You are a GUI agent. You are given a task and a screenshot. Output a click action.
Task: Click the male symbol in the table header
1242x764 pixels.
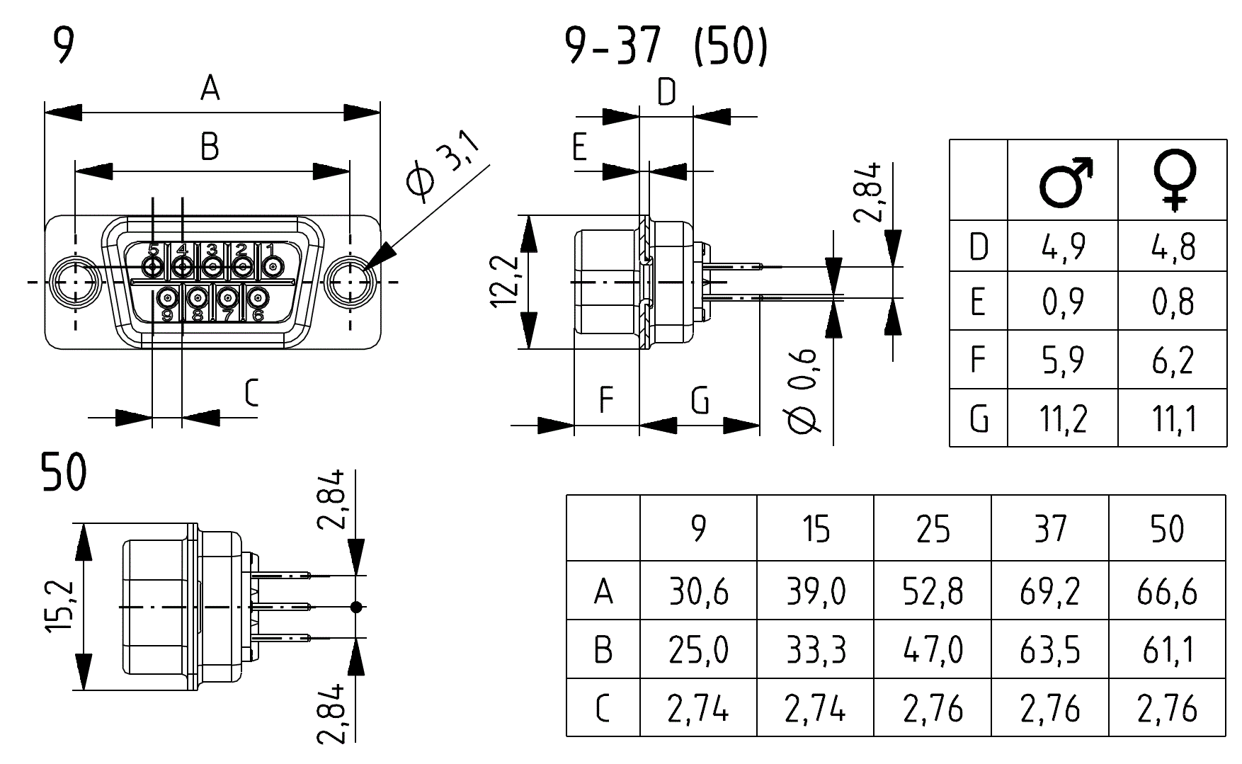[x=1065, y=183]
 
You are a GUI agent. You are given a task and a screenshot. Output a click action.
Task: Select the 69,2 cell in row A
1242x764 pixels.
[x=1049, y=591]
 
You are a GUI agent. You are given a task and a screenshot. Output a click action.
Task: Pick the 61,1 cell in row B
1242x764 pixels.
[x=1166, y=649]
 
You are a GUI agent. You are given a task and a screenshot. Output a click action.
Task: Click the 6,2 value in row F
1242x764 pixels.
[x=1173, y=360]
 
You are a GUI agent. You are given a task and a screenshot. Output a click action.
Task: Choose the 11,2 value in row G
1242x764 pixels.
[x=1063, y=418]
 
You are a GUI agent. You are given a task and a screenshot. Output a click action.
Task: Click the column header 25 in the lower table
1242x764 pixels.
[x=933, y=529]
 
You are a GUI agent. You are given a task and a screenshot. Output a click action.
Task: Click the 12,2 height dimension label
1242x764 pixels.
[x=506, y=281]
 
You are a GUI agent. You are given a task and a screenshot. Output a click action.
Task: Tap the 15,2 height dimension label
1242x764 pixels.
[x=61, y=607]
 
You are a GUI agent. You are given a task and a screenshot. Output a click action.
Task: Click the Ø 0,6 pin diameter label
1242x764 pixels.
[x=803, y=391]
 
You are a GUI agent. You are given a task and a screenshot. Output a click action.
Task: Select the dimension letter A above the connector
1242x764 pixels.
[x=210, y=89]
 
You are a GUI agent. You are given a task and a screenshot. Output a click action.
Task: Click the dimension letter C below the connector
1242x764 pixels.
[x=251, y=394]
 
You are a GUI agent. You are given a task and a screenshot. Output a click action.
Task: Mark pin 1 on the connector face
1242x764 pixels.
[x=273, y=267]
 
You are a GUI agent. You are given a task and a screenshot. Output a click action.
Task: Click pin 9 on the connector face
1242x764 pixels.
[x=168, y=297]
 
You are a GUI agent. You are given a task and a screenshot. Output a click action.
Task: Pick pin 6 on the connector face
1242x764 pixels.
[x=258, y=297]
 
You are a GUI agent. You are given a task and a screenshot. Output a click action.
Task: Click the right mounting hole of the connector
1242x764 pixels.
[x=349, y=281]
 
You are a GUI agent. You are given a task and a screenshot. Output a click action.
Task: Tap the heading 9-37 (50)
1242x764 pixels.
[x=666, y=47]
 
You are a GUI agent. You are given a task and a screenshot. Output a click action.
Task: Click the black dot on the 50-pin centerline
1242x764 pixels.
[x=356, y=607]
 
